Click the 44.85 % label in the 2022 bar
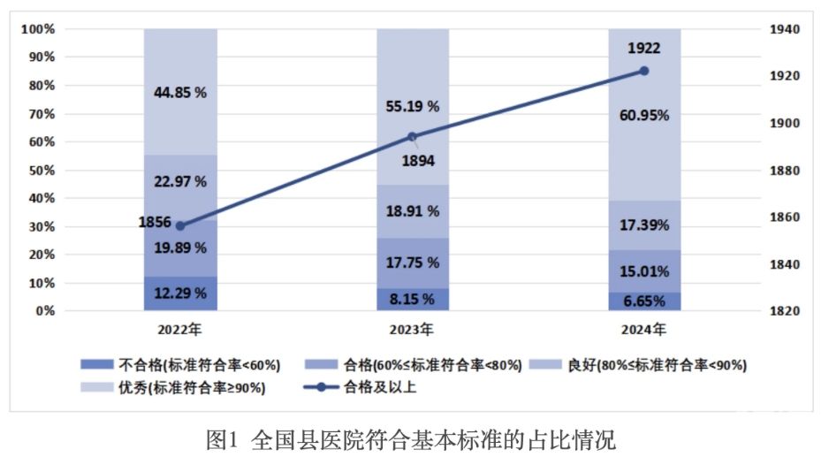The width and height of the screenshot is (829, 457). (180, 92)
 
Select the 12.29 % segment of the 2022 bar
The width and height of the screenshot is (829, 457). (180, 293)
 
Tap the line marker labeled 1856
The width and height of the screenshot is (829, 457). (180, 225)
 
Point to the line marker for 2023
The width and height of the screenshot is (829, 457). (412, 136)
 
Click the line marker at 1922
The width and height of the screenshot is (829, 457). (643, 71)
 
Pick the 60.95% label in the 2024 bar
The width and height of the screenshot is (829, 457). (643, 115)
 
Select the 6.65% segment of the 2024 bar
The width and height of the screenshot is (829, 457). (643, 301)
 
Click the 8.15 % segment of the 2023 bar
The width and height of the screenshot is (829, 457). (412, 300)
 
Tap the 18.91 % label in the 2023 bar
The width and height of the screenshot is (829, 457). (412, 211)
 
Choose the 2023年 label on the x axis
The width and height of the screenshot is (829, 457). (412, 331)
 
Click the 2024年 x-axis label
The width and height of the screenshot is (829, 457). (643, 331)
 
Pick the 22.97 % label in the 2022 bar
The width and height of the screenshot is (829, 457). (180, 181)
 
